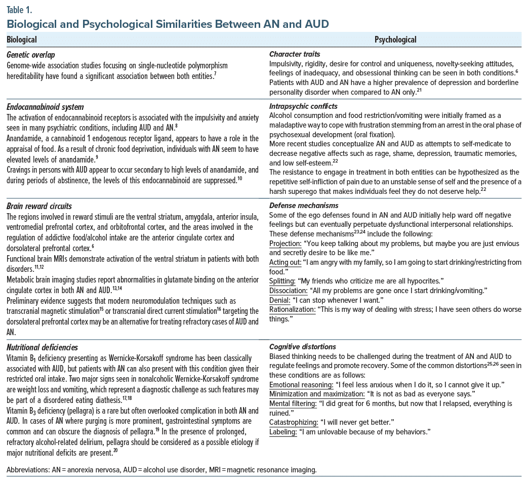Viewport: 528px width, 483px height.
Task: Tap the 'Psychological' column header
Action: click(395, 39)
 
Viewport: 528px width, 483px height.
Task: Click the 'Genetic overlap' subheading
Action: click(31, 54)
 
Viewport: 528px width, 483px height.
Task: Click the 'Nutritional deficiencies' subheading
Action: click(43, 347)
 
